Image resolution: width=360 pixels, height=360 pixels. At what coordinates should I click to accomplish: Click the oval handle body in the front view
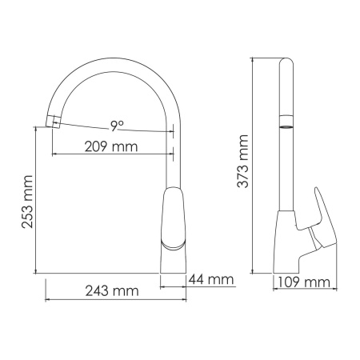(x=174, y=216)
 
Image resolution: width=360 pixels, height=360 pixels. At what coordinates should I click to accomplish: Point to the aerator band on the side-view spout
(x=286, y=127)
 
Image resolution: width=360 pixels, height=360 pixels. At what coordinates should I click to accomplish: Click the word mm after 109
(x=318, y=282)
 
